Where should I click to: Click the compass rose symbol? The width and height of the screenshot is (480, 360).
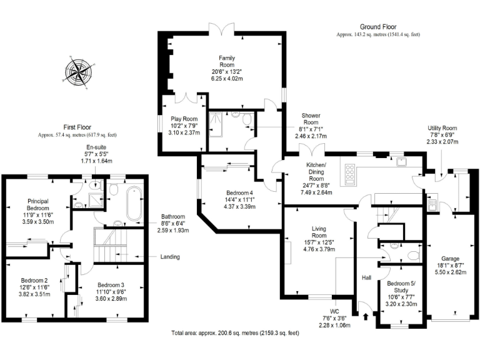tap(79, 73)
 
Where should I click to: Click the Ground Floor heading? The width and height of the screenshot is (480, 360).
tap(378, 27)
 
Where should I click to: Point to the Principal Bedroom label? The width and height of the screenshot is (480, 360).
tap(39, 204)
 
